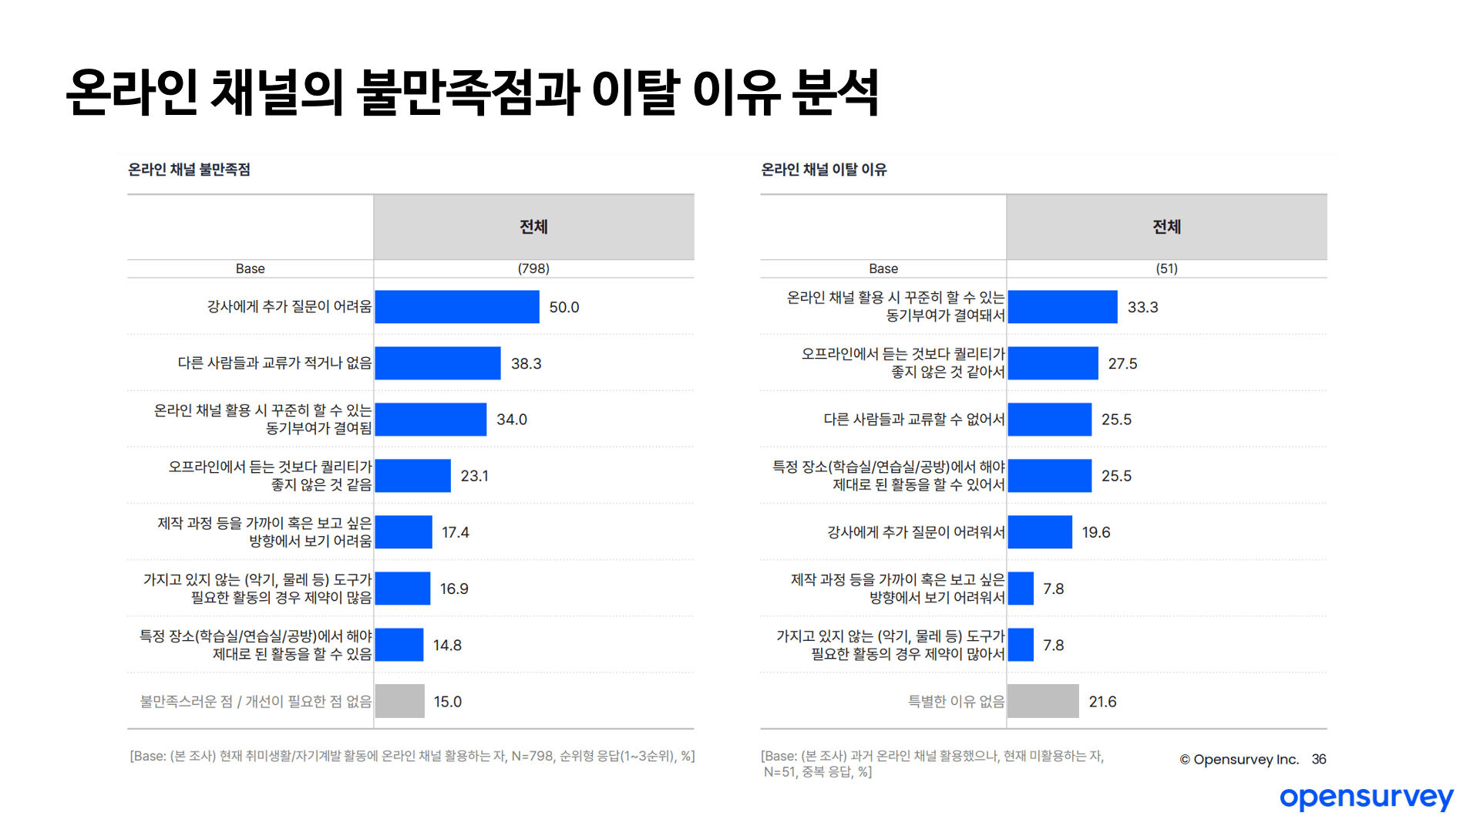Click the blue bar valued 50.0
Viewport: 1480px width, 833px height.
[x=457, y=307]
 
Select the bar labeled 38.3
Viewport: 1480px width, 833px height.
[x=438, y=363]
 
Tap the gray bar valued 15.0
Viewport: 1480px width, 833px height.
[x=399, y=701]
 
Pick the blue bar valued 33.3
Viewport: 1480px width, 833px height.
[x=1062, y=307]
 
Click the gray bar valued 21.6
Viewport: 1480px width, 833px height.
[x=1043, y=701]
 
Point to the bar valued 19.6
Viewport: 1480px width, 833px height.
[x=1040, y=532]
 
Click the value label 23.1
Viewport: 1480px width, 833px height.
[x=475, y=476]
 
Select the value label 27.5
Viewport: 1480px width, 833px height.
[x=1122, y=363]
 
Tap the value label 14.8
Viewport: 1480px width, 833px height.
[x=447, y=645]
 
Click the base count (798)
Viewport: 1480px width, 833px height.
[x=533, y=268]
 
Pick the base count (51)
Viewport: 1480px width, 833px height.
[x=1166, y=268]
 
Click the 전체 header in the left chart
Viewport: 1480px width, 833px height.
[x=533, y=227]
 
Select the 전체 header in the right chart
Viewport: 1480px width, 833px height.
[x=1166, y=227]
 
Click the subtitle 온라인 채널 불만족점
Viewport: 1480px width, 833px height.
[x=189, y=170]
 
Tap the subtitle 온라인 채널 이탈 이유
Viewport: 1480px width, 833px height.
[x=823, y=170]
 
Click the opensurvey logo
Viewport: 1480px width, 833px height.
[x=1366, y=798]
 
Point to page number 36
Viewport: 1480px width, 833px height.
[x=1319, y=759]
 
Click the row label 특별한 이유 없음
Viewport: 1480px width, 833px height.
[x=956, y=701]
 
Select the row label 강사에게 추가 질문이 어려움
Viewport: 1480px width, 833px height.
[x=289, y=307]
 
